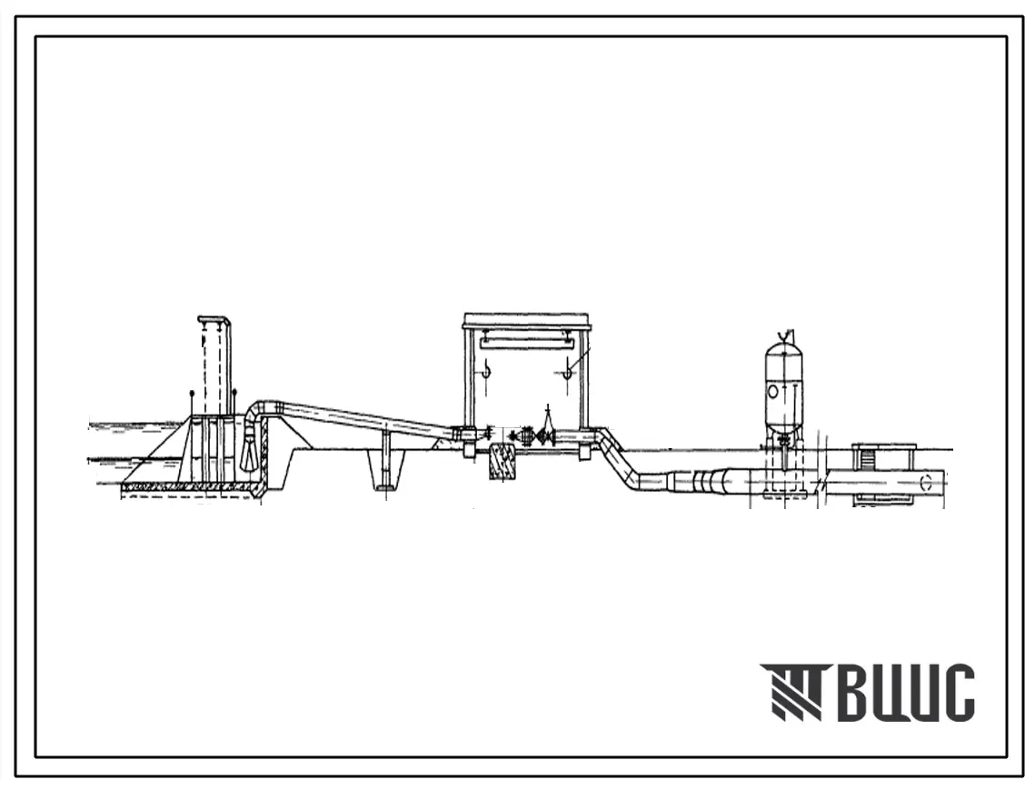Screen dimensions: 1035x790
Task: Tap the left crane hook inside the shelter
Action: point(486,370)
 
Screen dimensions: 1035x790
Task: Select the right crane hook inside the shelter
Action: point(566,370)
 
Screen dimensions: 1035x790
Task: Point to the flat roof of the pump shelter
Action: point(526,320)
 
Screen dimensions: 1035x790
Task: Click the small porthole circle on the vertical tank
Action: point(773,392)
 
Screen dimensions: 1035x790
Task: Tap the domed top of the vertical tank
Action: point(784,347)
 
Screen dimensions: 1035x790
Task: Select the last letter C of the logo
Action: point(957,693)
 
